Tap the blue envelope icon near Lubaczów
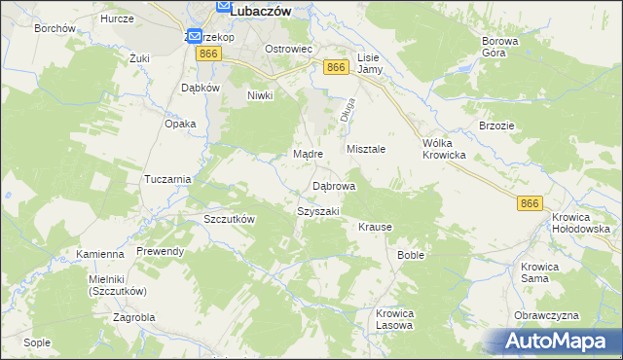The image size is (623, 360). tap(195, 36)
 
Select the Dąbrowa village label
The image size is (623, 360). tap(333, 186)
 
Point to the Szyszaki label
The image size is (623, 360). tap(317, 211)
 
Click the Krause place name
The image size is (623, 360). tap(375, 227)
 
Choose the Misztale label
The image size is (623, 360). tap(367, 149)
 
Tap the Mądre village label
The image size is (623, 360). tap(308, 154)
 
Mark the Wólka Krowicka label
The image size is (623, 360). tap(444, 149)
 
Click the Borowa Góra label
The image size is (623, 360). tap(500, 49)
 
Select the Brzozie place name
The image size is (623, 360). tap(495, 126)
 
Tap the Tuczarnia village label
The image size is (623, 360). tap(167, 179)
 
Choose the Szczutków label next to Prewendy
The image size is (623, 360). tap(229, 219)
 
